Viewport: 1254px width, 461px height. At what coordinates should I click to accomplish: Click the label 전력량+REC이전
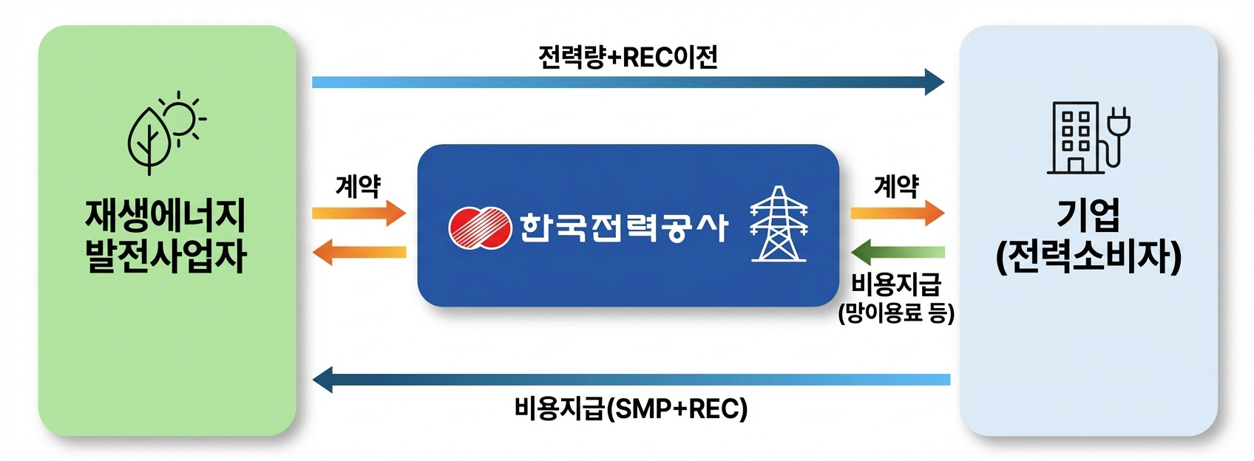click(628, 57)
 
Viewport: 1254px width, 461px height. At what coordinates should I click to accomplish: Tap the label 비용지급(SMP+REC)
click(631, 409)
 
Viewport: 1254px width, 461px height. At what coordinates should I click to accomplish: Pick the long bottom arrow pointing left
click(631, 380)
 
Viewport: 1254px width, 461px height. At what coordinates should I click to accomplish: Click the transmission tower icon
click(779, 225)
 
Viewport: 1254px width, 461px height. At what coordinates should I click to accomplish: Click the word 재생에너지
click(166, 216)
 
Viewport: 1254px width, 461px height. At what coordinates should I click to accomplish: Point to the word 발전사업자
click(166, 256)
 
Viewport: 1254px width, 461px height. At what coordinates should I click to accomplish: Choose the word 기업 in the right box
click(1088, 215)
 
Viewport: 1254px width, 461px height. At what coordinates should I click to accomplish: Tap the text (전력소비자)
click(1088, 257)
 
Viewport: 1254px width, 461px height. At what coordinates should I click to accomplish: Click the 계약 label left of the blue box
click(358, 186)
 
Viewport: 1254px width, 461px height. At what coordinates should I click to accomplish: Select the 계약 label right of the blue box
click(896, 186)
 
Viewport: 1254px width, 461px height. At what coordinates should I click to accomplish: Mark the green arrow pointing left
click(898, 253)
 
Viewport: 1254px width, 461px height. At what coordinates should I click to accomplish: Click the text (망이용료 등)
click(896, 313)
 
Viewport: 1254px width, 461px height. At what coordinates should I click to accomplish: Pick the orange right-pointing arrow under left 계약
click(359, 214)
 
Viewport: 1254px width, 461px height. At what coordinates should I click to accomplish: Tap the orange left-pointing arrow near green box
click(359, 253)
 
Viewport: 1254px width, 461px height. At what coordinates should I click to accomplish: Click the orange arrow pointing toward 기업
click(897, 214)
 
